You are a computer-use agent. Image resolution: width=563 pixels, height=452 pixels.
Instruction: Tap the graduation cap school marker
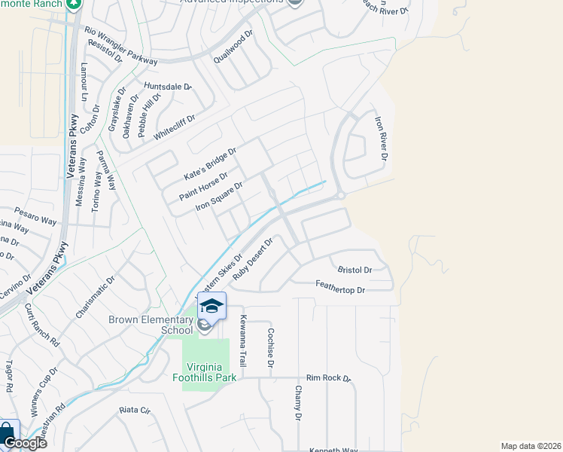pyautogui.click(x=212, y=306)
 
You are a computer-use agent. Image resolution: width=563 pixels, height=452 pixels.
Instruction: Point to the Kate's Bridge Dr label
pyautogui.click(x=210, y=163)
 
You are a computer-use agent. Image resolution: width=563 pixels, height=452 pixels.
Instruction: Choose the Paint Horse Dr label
pyautogui.click(x=203, y=186)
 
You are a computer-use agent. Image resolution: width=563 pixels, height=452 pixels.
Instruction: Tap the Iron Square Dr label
pyautogui.click(x=219, y=195)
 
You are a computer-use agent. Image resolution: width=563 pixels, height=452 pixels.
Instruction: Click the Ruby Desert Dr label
pyautogui.click(x=251, y=259)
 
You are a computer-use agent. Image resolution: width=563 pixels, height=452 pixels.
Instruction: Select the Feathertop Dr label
pyautogui.click(x=339, y=289)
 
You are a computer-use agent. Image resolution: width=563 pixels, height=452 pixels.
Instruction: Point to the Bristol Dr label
pyautogui.click(x=355, y=270)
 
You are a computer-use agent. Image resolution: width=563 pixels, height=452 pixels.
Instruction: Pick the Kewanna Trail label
pyautogui.click(x=243, y=336)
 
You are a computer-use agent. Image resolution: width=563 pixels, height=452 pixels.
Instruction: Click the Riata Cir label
pyautogui.click(x=135, y=411)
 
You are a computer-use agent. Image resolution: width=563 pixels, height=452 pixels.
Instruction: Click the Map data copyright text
pyautogui.click(x=531, y=446)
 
